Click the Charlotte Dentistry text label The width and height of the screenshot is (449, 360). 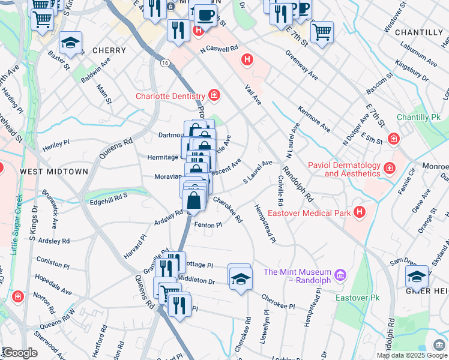(170, 95)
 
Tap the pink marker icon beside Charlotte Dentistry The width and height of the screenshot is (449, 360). (214, 95)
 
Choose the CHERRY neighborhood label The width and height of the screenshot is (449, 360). (109, 51)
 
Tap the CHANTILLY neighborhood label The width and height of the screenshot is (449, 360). (420, 32)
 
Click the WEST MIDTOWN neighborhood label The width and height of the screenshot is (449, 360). (54, 172)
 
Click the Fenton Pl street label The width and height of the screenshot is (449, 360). (208, 225)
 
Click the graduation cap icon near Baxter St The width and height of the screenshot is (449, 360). (70, 43)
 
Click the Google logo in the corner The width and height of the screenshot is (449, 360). (20, 353)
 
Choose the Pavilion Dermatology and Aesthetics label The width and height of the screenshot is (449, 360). (344, 169)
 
